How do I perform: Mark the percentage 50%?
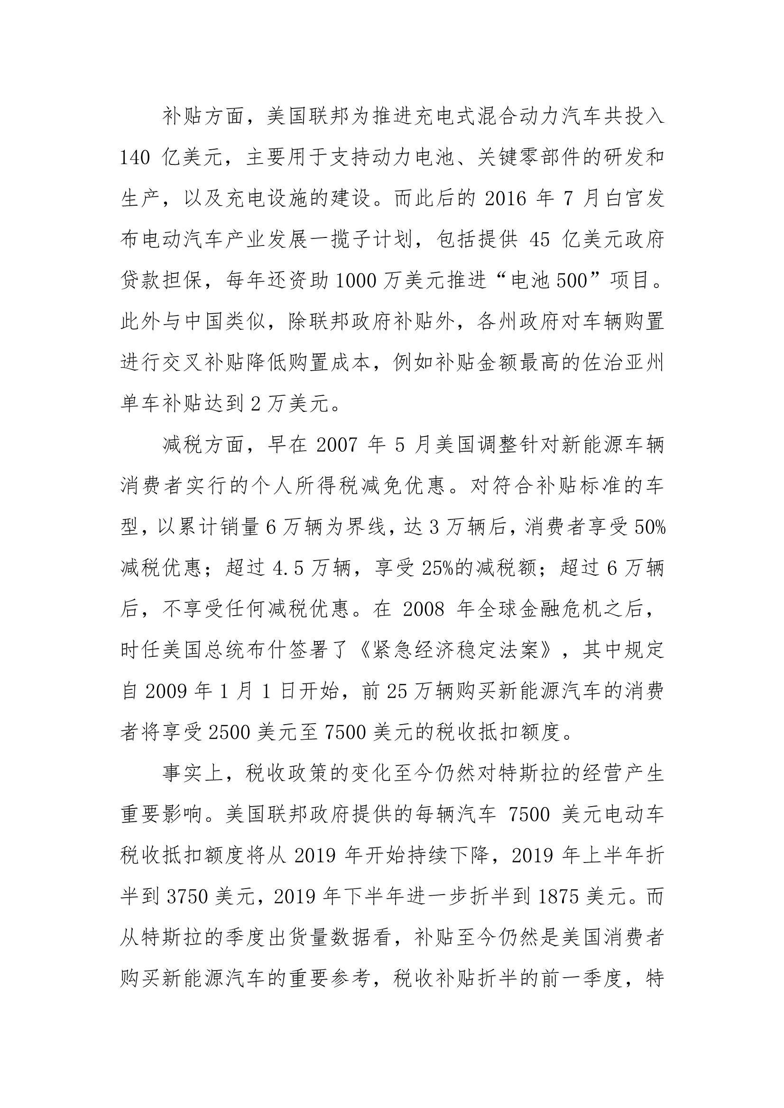(x=650, y=528)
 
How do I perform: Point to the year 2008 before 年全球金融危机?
(x=423, y=610)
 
